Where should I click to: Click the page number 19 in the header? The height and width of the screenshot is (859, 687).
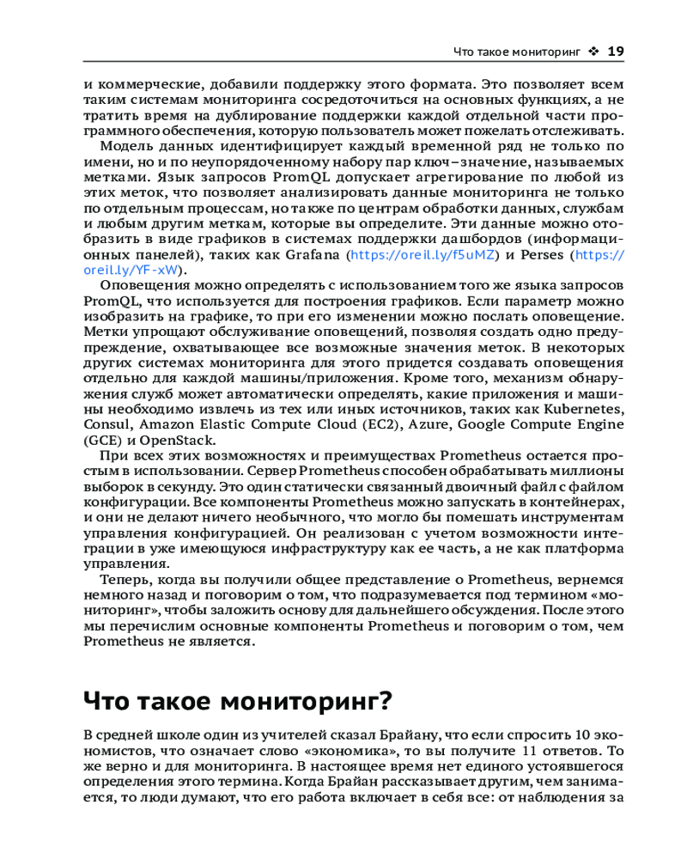click(x=615, y=52)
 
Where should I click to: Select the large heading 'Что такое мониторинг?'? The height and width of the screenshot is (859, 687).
click(x=238, y=700)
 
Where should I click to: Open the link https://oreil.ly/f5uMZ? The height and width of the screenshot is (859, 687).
click(x=423, y=255)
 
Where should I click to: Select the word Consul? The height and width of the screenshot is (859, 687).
click(x=105, y=425)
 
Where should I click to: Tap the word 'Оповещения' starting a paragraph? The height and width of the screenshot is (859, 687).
click(x=142, y=286)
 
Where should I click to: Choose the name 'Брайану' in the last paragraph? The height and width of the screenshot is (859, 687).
click(x=409, y=736)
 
